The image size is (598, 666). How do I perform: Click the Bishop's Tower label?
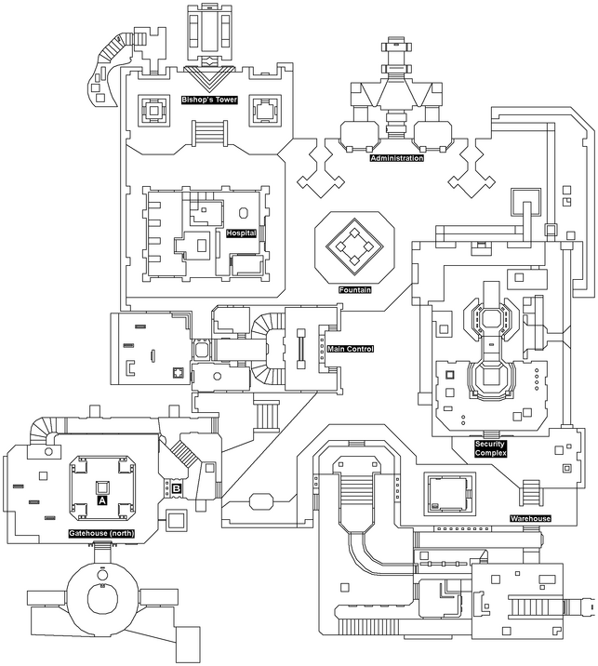pyautogui.click(x=209, y=100)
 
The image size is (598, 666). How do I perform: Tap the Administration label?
pyautogui.click(x=397, y=158)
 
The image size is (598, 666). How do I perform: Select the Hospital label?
pyautogui.click(x=241, y=233)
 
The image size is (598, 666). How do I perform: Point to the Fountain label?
pyautogui.click(x=355, y=290)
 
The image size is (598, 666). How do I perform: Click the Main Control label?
pyautogui.click(x=351, y=349)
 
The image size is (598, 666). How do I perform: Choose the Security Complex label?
pyautogui.click(x=490, y=448)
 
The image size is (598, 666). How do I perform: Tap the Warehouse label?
pyautogui.click(x=530, y=519)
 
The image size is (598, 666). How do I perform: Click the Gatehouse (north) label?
pyautogui.click(x=101, y=534)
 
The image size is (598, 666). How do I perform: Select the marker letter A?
pyautogui.click(x=102, y=500)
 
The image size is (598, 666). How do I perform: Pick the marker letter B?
pyautogui.click(x=177, y=489)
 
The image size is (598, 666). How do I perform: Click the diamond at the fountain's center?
pyautogui.click(x=354, y=246)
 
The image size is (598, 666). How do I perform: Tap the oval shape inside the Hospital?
pyautogui.click(x=243, y=212)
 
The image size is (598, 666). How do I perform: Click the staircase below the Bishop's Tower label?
pyautogui.click(x=208, y=133)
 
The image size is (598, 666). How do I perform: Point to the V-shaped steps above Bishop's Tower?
pyautogui.click(x=208, y=79)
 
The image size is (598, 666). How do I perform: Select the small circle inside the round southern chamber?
pyautogui.click(x=102, y=575)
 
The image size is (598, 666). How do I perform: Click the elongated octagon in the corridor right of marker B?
pyautogui.click(x=262, y=501)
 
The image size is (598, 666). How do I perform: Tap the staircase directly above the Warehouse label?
pyautogui.click(x=531, y=492)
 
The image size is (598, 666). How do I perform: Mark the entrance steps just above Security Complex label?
pyautogui.click(x=490, y=434)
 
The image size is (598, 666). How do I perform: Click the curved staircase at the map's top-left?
pyautogui.click(x=114, y=47)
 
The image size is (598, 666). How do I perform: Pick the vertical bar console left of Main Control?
pyautogui.click(x=301, y=349)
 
